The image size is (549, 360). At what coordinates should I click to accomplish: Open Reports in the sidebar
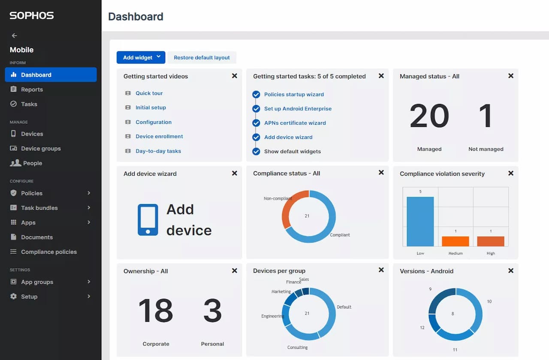[x=32, y=90]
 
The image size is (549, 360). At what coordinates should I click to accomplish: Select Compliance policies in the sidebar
[x=49, y=252]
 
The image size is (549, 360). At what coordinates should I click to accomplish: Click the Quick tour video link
[x=149, y=93]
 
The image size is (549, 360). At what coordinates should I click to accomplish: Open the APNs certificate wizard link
[x=295, y=123]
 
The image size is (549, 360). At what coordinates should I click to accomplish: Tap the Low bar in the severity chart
[x=420, y=222]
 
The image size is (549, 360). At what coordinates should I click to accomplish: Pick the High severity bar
[x=491, y=241]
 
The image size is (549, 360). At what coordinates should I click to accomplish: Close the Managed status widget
[x=510, y=76]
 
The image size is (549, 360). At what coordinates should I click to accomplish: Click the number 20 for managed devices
[x=429, y=116]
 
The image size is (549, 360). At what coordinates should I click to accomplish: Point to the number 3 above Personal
[x=212, y=311]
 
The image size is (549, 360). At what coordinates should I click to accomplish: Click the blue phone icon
[x=148, y=219]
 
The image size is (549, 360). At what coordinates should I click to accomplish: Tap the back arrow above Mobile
[x=14, y=36]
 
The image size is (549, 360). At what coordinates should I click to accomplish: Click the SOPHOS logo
[x=32, y=16]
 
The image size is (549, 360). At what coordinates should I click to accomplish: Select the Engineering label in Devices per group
[x=272, y=316]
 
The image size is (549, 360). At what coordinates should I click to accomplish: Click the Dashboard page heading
[x=136, y=17]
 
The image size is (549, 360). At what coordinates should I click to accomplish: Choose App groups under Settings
[x=37, y=282]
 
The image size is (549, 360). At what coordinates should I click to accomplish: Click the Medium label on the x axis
[x=455, y=253]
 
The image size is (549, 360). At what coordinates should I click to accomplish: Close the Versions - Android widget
[x=510, y=271]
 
